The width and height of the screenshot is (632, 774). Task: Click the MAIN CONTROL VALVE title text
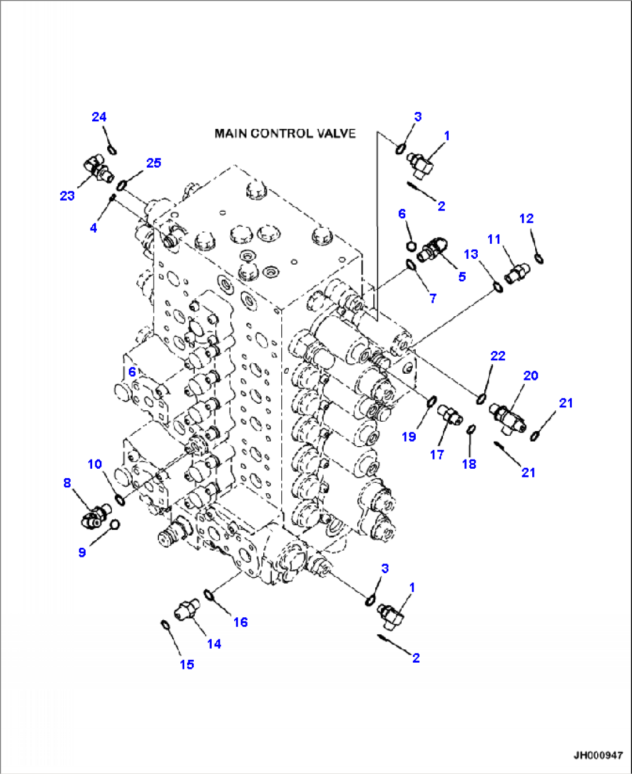285,133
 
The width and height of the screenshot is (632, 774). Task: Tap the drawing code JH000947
598,755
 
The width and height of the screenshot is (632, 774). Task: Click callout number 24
99,117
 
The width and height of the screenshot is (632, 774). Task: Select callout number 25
154,163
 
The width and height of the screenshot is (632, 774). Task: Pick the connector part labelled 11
517,273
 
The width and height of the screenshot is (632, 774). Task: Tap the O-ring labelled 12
539,258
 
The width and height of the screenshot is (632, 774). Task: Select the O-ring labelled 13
497,287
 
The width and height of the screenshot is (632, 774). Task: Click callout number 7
433,298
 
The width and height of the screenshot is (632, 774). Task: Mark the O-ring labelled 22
481,399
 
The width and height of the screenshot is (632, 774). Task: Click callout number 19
409,437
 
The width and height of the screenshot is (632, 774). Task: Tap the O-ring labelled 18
471,429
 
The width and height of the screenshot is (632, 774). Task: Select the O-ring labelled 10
120,500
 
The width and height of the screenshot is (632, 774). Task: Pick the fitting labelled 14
186,611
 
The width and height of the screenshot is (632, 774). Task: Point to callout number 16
240,622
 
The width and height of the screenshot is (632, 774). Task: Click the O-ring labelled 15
165,625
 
